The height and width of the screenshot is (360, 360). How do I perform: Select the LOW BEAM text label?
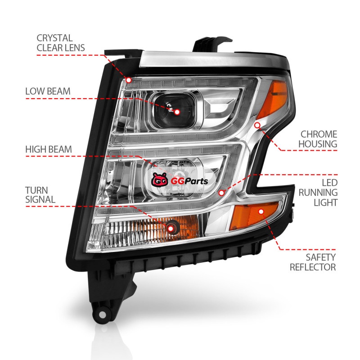click(x=54, y=91)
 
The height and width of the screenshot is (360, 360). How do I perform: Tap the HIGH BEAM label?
click(x=55, y=149)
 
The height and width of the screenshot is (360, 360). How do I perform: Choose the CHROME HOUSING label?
click(x=319, y=139)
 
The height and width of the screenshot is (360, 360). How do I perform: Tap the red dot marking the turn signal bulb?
click(x=171, y=229)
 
